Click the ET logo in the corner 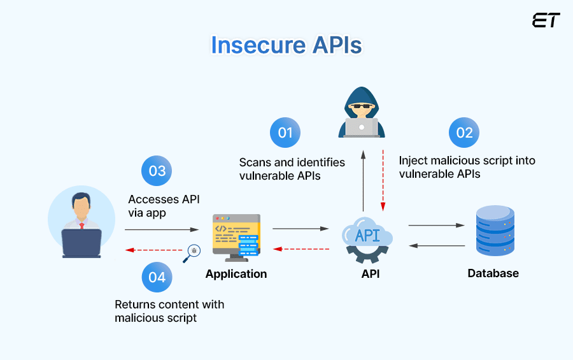[x=546, y=20]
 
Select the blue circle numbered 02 [x=464, y=133]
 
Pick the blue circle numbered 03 [x=157, y=171]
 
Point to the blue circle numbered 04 [x=157, y=277]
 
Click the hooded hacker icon [x=362, y=113]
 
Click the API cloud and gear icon [x=367, y=240]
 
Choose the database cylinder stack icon [x=495, y=231]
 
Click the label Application [x=236, y=274]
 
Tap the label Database [x=493, y=273]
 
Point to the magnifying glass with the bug [x=192, y=253]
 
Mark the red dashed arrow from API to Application [x=301, y=248]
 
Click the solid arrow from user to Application [x=162, y=229]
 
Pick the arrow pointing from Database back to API [x=436, y=245]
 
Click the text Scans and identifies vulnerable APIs [x=292, y=169]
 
